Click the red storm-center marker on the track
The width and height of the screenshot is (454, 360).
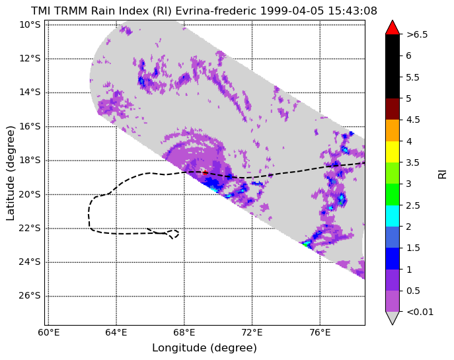[205, 172]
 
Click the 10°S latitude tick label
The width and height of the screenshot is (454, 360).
[30, 24]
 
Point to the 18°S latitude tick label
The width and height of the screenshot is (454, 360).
[30, 161]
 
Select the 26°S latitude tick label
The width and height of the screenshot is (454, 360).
[30, 296]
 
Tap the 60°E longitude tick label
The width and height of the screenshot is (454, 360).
[49, 332]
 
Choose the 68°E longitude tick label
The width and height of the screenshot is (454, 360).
[184, 332]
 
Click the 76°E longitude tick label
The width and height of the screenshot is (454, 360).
[320, 332]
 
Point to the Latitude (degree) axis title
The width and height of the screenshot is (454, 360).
[10, 173]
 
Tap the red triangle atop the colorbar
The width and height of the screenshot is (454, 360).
[393, 28]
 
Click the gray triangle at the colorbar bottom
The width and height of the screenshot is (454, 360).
[393, 318]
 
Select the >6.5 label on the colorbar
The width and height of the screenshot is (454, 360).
[417, 35]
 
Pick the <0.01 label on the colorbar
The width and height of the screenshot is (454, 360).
[420, 312]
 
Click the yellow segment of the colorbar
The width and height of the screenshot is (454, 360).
[393, 152]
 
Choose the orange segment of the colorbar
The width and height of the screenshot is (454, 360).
[393, 131]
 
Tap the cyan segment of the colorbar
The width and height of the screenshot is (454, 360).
[393, 216]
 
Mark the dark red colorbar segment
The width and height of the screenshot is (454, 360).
[393, 109]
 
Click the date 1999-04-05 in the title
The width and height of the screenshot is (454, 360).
[293, 11]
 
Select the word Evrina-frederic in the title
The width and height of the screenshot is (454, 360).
[215, 11]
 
